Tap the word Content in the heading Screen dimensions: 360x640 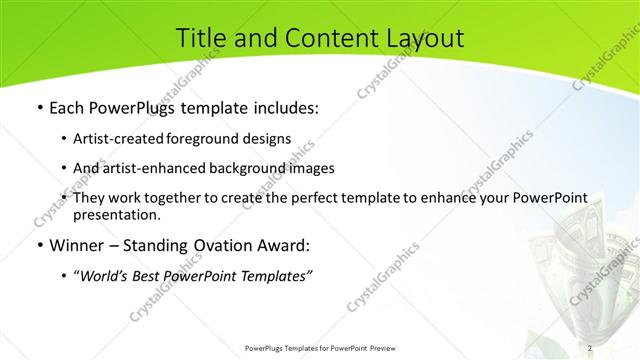tap(317, 38)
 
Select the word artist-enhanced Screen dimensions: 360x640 tap(151, 168)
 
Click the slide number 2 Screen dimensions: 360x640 tap(591, 347)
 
